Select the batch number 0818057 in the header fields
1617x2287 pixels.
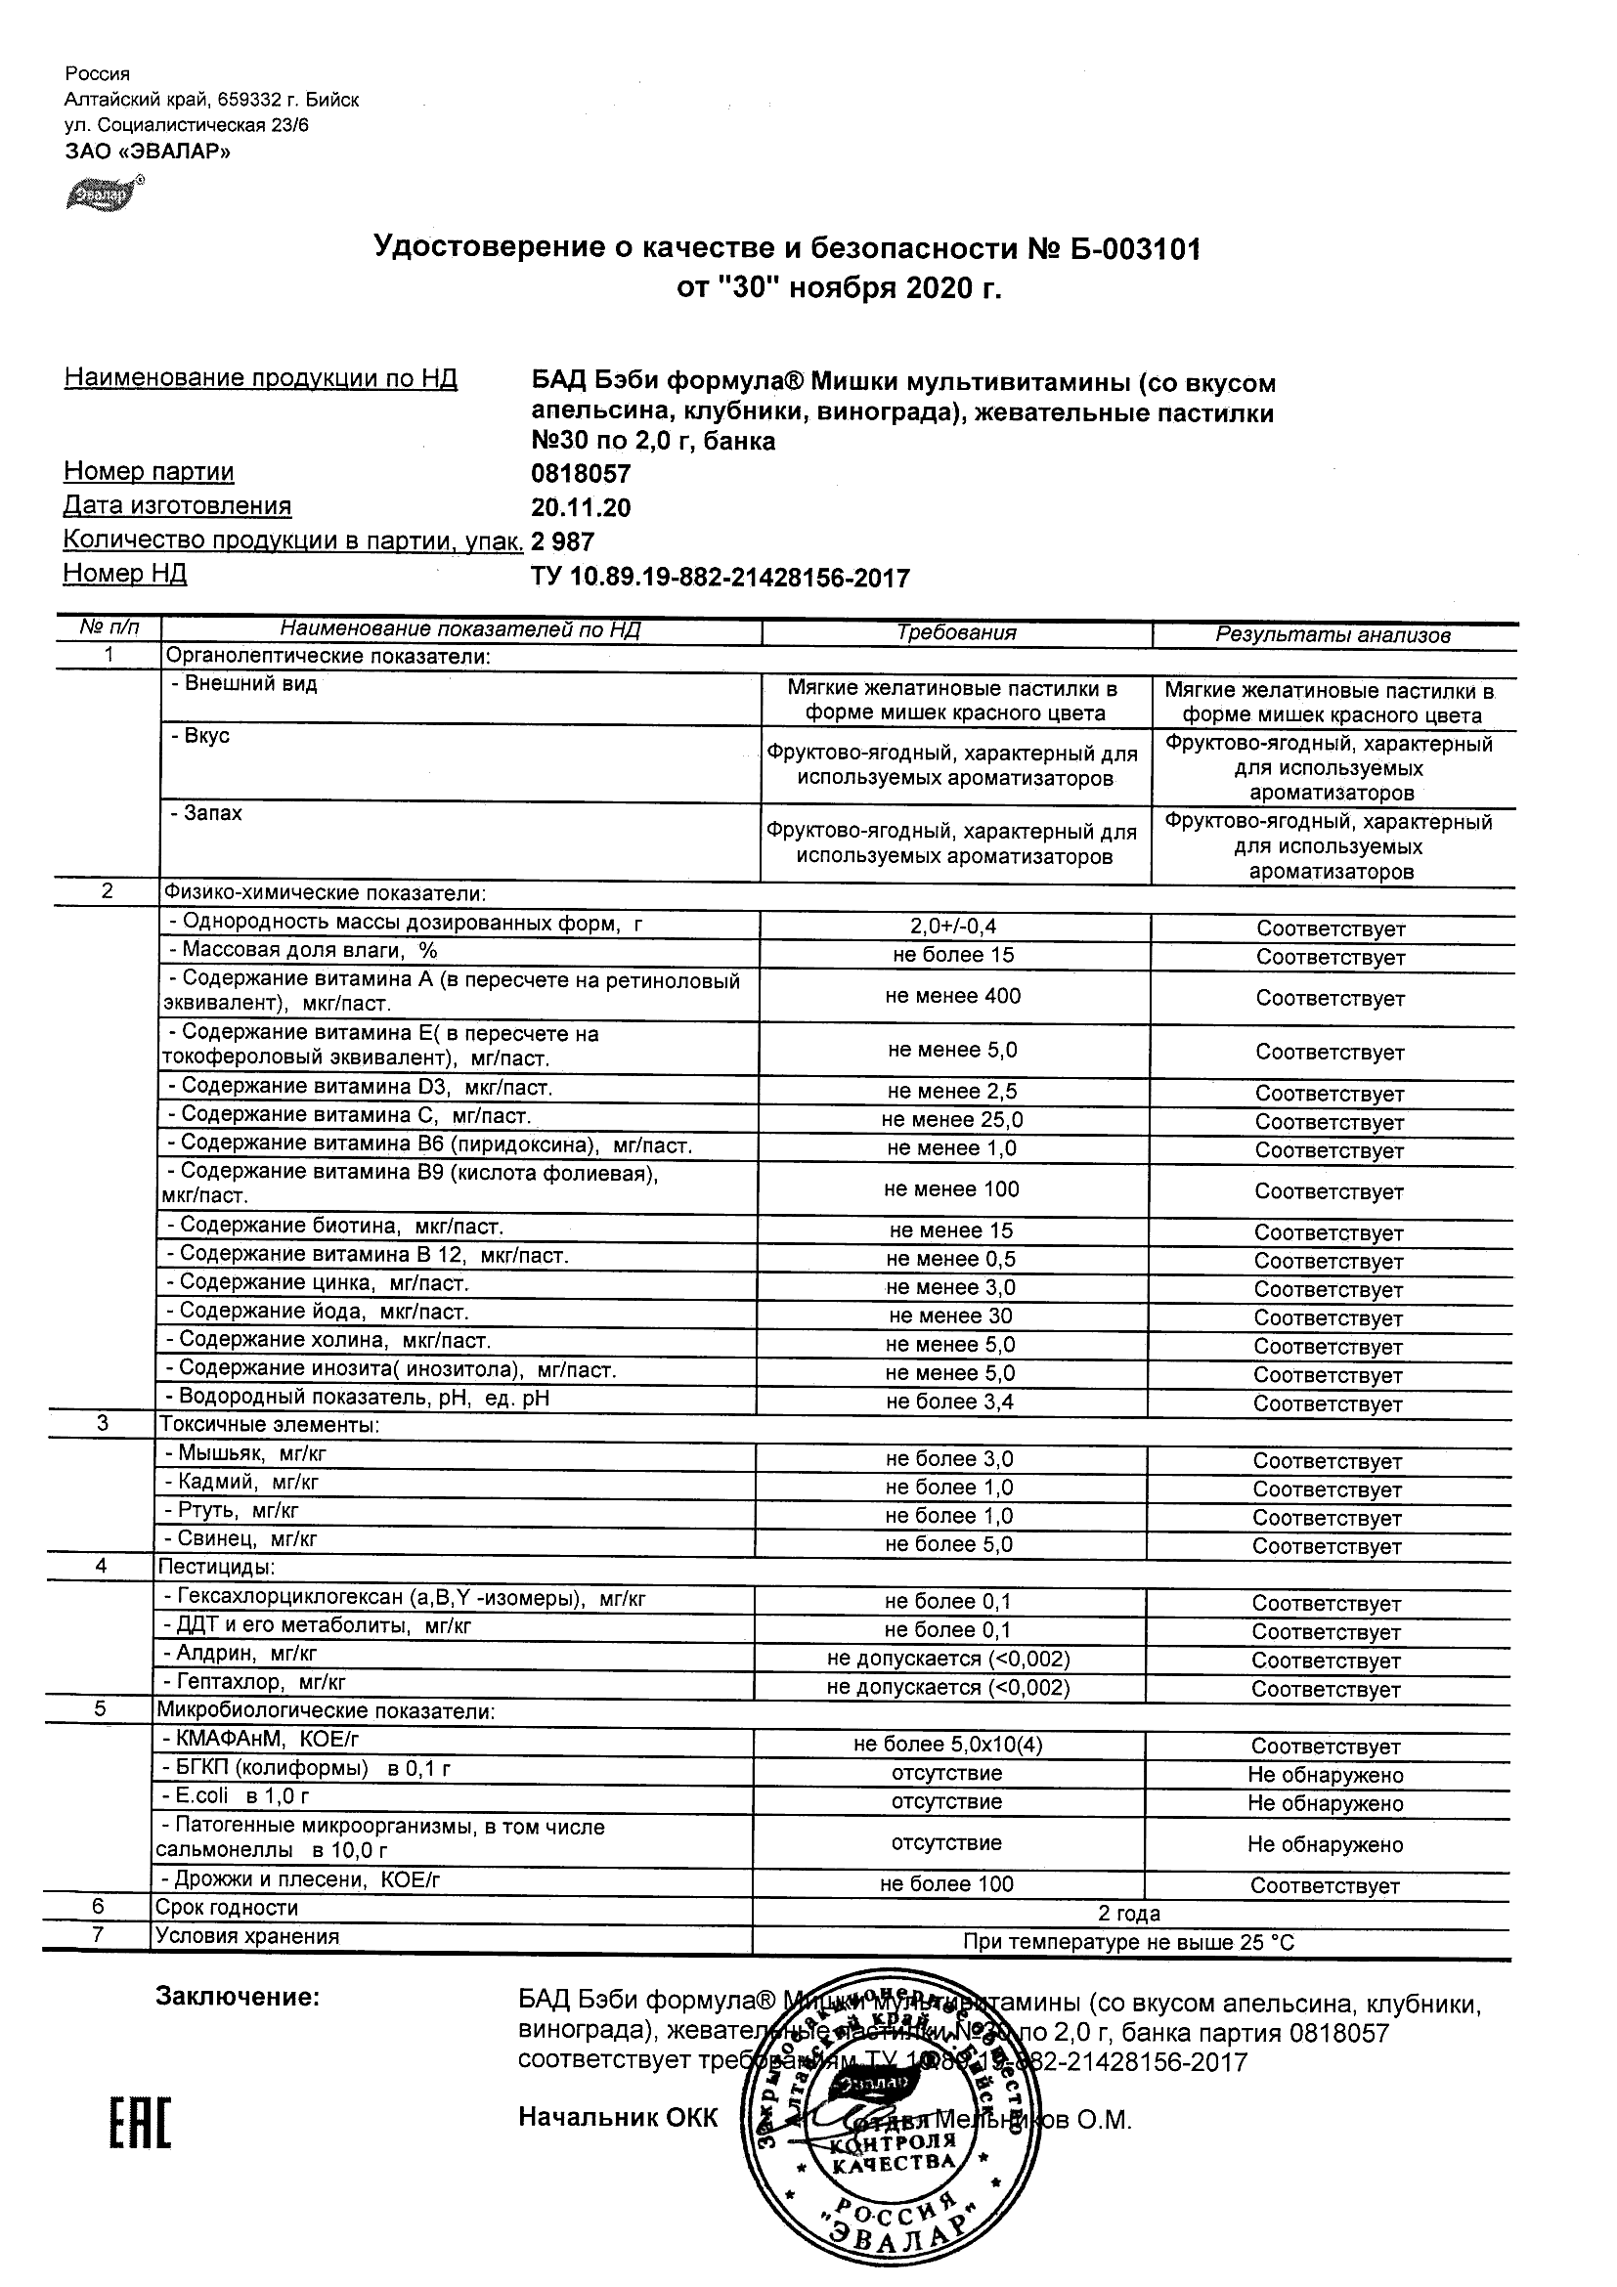pyautogui.click(x=581, y=474)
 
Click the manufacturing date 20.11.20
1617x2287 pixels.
pyautogui.click(x=581, y=508)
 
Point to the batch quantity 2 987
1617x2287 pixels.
pyautogui.click(x=563, y=541)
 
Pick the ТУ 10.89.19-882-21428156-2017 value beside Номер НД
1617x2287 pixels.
pyautogui.click(x=721, y=579)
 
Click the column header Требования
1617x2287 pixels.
pyautogui.click(x=956, y=633)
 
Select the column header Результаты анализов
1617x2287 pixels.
pyautogui.click(x=1333, y=635)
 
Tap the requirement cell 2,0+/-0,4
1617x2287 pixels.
pyautogui.click(x=953, y=927)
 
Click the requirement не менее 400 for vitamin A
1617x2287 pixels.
pyautogui.click(x=953, y=996)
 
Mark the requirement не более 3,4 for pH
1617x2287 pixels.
pyautogui.click(x=951, y=1402)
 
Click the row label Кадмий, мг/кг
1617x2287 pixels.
pyautogui.click(x=242, y=1483)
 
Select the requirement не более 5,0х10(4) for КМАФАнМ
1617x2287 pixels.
pyautogui.click(x=948, y=1745)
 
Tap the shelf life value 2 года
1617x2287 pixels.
pyautogui.click(x=1129, y=1914)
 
